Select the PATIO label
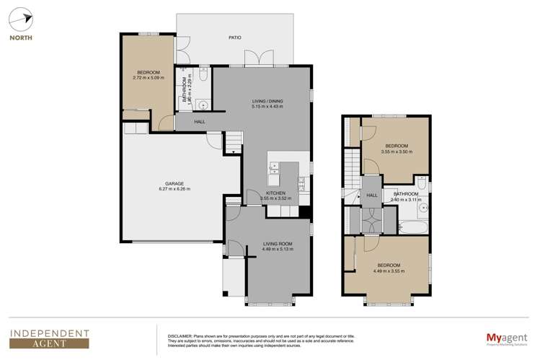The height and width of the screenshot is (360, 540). coord(234,38)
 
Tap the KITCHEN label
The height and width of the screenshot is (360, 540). coord(275,193)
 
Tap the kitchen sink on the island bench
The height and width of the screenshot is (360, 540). coord(275,169)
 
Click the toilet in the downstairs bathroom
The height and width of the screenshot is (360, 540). coord(203,74)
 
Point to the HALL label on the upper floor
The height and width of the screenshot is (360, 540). coord(373,195)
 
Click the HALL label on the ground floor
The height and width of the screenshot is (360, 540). coord(200,122)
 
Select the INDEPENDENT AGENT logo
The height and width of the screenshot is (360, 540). coord(48,338)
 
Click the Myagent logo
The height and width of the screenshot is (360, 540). coord(503,337)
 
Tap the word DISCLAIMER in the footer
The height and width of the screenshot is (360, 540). coord(180,334)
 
